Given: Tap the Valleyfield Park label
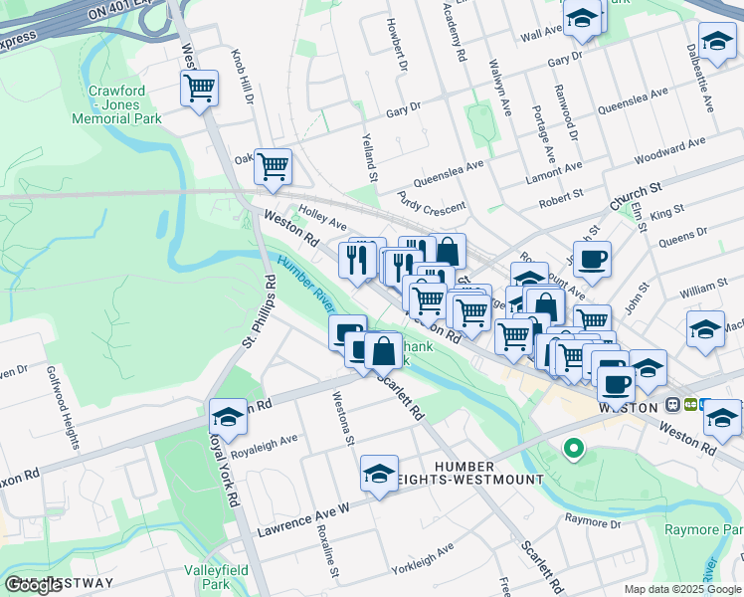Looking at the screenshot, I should (209, 577).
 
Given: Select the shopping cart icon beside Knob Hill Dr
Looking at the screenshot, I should (200, 89).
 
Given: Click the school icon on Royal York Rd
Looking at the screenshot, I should (228, 418).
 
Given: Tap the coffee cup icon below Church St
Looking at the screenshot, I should (593, 260).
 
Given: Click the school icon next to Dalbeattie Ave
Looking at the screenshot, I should (716, 43).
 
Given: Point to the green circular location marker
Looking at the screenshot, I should (573, 449).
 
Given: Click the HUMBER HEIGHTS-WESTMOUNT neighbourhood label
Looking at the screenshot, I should (489, 473).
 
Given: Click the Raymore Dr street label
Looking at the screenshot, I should (592, 521).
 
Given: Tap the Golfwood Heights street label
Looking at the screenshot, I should (62, 407).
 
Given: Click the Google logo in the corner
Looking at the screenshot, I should (32, 585).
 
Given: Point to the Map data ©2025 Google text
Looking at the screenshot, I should (682, 589).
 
